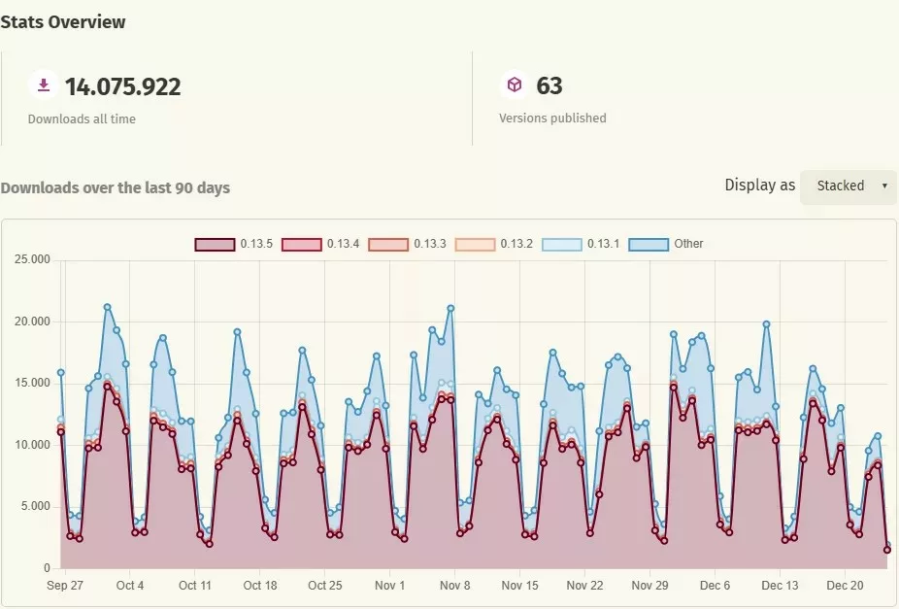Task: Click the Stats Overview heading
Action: [63, 21]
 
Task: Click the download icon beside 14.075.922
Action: [43, 85]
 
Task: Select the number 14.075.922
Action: [122, 86]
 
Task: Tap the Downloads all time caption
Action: [82, 118]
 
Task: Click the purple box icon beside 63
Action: [514, 85]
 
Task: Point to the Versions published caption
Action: [552, 118]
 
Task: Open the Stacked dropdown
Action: [848, 186]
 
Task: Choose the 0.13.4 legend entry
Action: [320, 244]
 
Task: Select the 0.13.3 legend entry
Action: [407, 244]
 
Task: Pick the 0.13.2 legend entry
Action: [494, 244]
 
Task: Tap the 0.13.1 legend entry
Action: [581, 244]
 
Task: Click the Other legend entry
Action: [666, 244]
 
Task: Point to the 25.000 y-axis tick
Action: [31, 259]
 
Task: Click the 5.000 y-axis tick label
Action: [34, 506]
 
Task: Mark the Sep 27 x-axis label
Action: [65, 586]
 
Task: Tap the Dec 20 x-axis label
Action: [845, 586]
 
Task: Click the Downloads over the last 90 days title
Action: [116, 187]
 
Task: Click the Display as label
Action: [759, 185]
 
